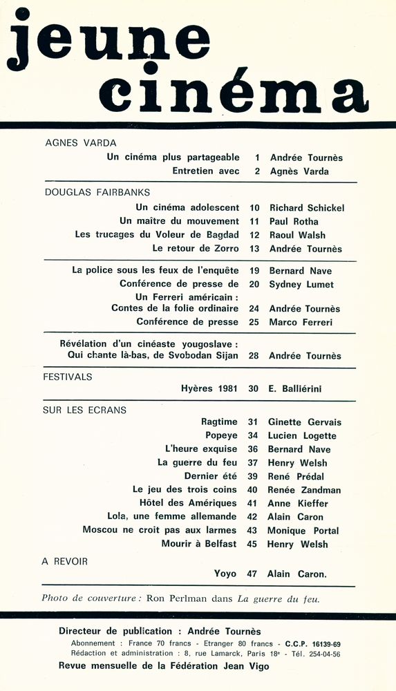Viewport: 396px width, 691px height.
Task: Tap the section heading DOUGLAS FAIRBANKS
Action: pos(97,192)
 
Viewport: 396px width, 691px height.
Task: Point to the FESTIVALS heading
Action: pos(68,377)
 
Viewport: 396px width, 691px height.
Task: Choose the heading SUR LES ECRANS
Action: pos(84,410)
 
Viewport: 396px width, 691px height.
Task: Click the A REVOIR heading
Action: pos(65,561)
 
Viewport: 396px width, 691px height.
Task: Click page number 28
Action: pos(254,356)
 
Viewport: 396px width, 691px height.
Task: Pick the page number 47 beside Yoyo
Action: pos(253,574)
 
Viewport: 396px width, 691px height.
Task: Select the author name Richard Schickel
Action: pos(307,208)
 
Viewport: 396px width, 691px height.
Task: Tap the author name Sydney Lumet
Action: pos(301,285)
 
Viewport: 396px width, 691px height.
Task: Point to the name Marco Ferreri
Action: pos(301,322)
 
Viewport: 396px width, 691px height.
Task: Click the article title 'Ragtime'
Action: pos(219,422)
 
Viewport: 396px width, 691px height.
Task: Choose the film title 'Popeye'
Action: pos(221,436)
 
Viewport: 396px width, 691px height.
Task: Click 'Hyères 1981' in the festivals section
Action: pos(209,389)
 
